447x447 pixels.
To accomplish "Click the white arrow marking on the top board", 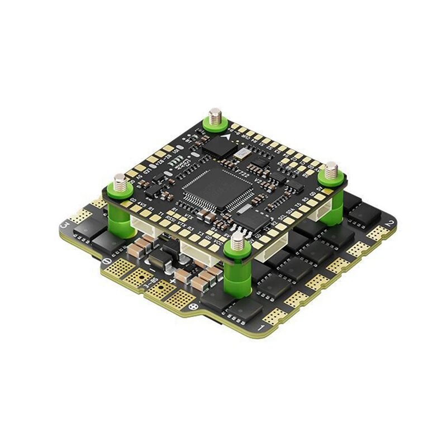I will coord(226,135).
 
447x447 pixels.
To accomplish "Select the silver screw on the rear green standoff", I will coord(215,118).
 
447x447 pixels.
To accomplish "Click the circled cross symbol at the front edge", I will coord(194,307).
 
